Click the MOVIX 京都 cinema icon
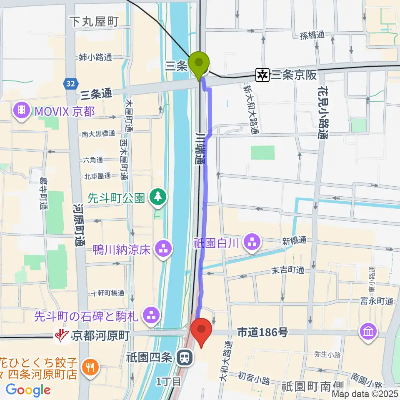point(21,111)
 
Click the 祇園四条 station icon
point(183,357)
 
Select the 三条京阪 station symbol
point(263,75)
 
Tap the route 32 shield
point(70,84)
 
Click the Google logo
point(28,390)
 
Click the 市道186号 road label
point(262,332)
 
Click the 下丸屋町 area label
point(95,22)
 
